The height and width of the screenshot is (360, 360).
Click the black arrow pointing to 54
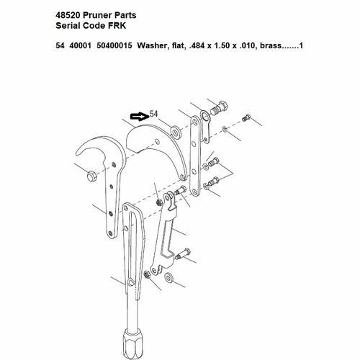(137, 115)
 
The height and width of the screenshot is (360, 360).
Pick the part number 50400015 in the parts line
(122, 47)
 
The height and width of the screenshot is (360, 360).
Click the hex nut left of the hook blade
(91, 176)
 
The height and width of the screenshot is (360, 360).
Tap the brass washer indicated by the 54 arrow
(175, 132)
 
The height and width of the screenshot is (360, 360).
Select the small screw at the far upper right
(248, 117)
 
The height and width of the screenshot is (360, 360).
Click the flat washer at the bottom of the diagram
(169, 278)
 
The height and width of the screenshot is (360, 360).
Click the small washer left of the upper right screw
(225, 130)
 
